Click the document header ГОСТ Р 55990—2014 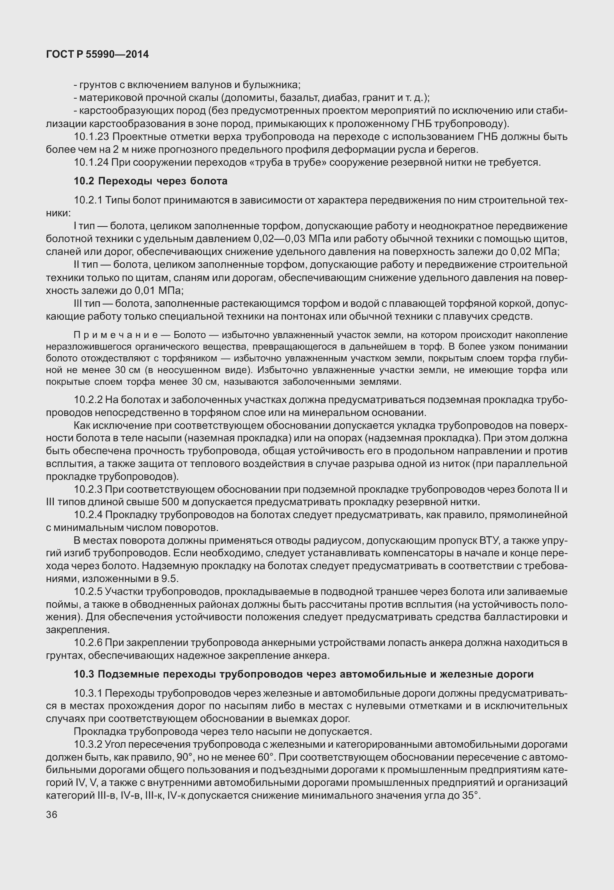click(97, 55)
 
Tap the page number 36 click(51, 815)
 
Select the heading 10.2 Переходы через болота click(150, 181)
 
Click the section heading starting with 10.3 click(304, 674)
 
